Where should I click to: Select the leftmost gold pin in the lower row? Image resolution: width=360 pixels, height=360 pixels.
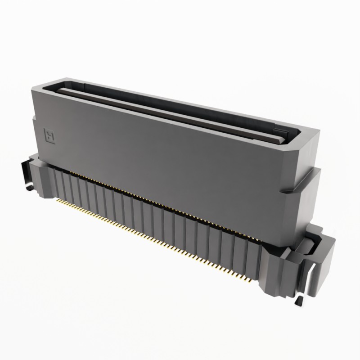(57, 201)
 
